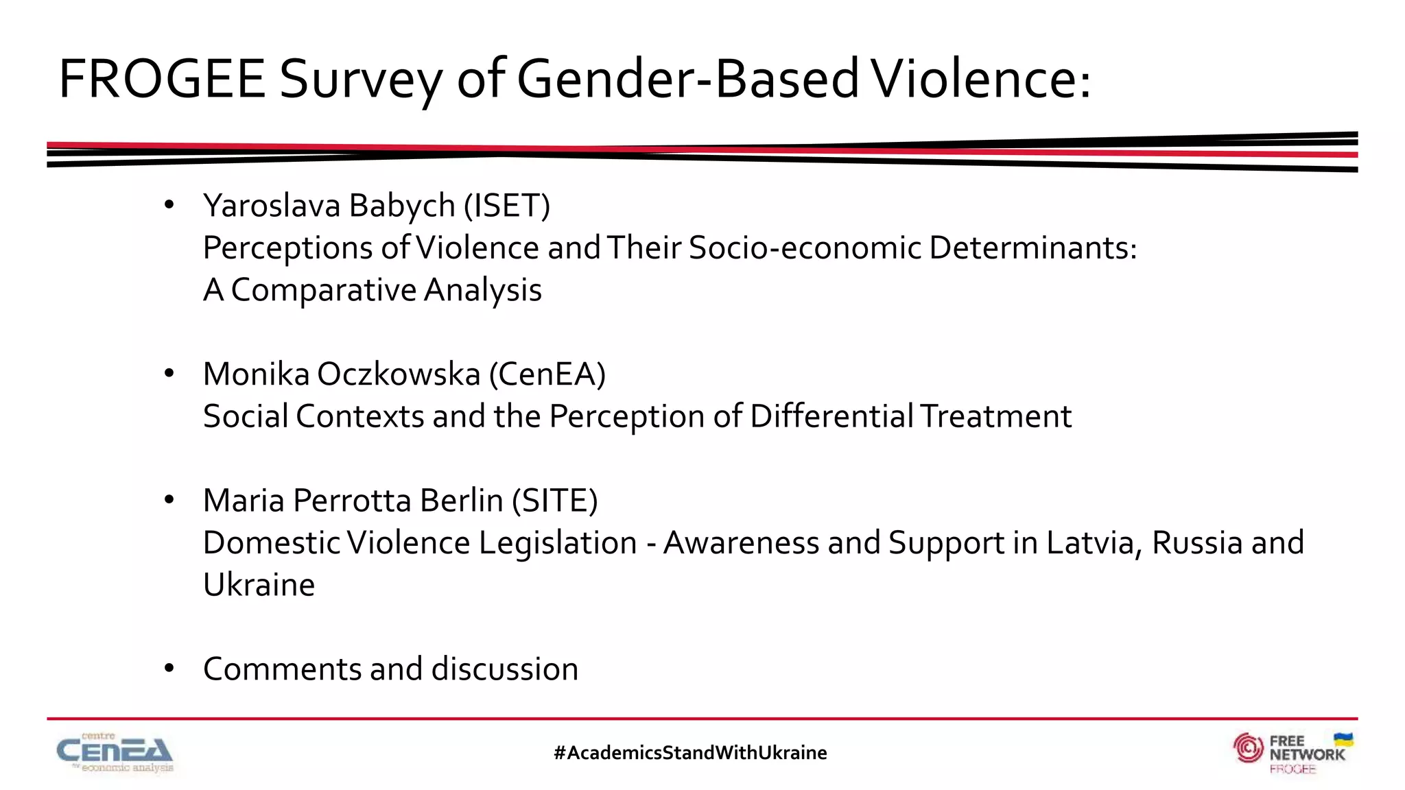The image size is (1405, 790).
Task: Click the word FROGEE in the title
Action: pos(162,79)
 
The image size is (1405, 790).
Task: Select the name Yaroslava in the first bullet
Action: pos(272,206)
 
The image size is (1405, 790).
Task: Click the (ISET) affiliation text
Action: pos(507,206)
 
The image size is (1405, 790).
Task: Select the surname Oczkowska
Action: pos(399,374)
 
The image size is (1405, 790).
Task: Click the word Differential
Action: pos(831,416)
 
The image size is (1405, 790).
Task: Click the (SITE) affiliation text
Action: pos(555,501)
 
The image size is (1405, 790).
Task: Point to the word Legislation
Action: pos(558,543)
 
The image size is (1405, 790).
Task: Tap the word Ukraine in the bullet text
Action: pos(259,585)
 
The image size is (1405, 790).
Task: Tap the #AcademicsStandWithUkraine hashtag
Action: pos(690,753)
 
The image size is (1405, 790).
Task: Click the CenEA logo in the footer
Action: pos(115,752)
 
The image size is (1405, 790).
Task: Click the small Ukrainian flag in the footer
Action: pos(1343,740)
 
